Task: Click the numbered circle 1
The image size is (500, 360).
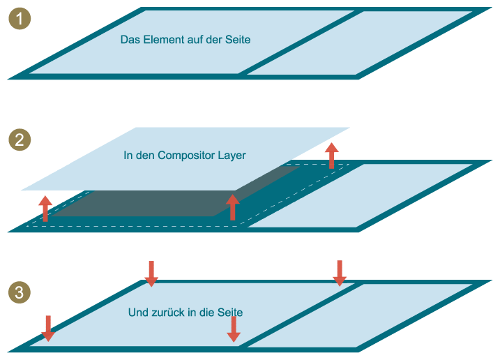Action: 20,19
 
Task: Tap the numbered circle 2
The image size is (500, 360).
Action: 20,140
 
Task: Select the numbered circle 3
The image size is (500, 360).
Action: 20,292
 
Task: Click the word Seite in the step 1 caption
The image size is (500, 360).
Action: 236,40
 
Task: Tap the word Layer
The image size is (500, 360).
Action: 232,156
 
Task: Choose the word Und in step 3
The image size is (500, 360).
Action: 138,313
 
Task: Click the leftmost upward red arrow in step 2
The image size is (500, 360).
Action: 45,208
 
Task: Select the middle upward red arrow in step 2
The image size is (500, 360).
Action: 233,207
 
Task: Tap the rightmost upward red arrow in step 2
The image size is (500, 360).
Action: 331,155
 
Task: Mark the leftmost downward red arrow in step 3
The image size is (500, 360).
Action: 47,328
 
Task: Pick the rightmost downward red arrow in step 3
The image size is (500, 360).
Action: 339,273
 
